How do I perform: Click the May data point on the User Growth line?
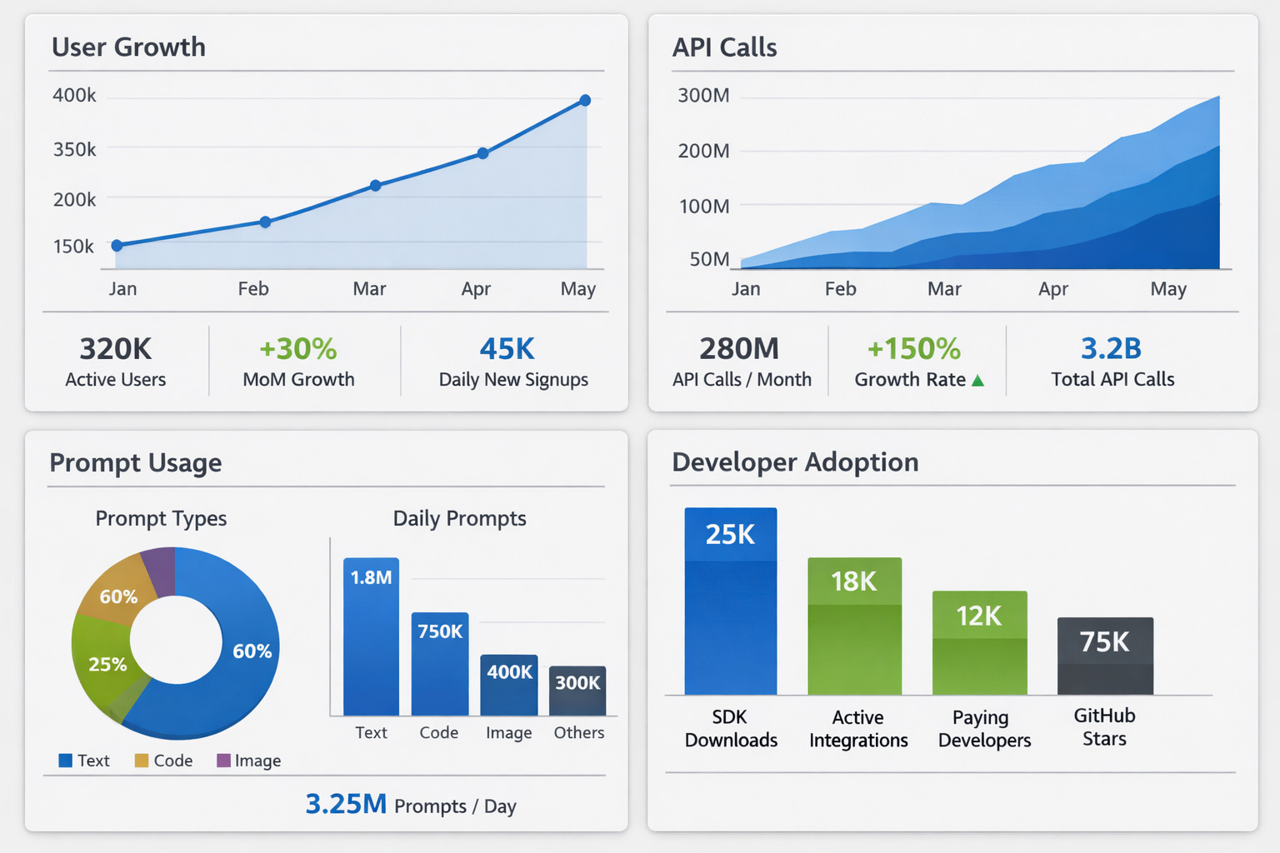[x=585, y=101]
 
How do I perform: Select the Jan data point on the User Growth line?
[x=117, y=245]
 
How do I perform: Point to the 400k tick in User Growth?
[x=74, y=96]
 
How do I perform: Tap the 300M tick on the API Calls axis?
[x=703, y=96]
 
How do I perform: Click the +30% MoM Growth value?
[x=298, y=349]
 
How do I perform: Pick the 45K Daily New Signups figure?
[x=507, y=349]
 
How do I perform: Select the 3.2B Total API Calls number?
[x=1111, y=348]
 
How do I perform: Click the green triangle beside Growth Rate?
[x=978, y=381]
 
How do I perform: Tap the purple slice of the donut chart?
[x=159, y=570]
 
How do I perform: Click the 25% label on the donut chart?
[x=107, y=665]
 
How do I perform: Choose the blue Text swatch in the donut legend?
[x=65, y=761]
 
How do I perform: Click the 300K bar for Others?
[x=577, y=691]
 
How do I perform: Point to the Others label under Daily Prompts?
[x=579, y=733]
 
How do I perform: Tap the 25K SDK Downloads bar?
[x=730, y=601]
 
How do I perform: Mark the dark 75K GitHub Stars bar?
[x=1105, y=656]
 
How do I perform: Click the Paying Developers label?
[x=984, y=729]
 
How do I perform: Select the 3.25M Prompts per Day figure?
[x=346, y=804]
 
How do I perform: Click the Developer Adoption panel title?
[x=795, y=462]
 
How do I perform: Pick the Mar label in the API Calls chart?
[x=944, y=289]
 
